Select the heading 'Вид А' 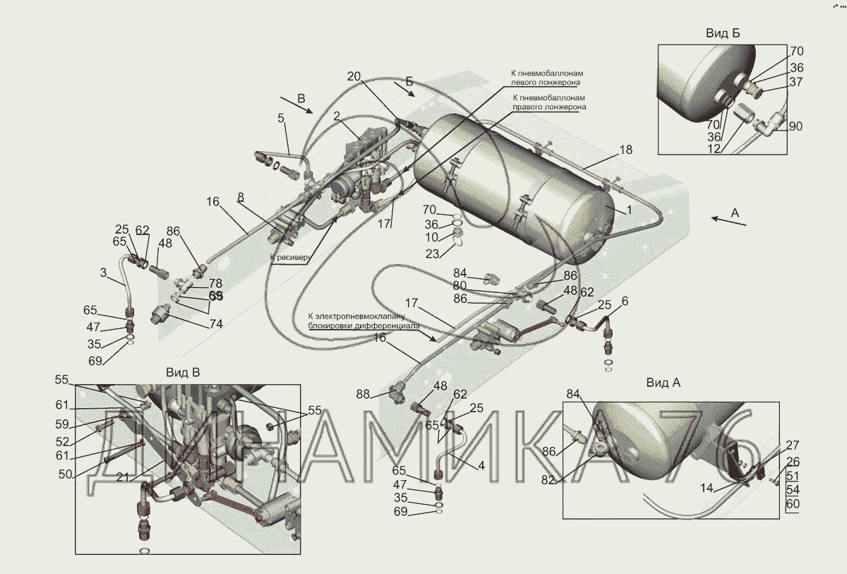point(663,383)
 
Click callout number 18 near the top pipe point(625,150)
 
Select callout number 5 point(281,118)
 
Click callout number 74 point(215,324)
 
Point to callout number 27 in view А point(793,445)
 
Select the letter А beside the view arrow point(735,212)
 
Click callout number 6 point(625,301)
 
